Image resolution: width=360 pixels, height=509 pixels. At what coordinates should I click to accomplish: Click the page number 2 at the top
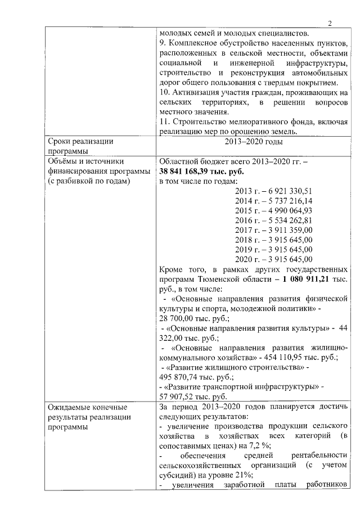pos(330,23)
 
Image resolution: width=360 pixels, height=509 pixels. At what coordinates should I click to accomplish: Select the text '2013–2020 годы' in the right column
pos(253,142)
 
